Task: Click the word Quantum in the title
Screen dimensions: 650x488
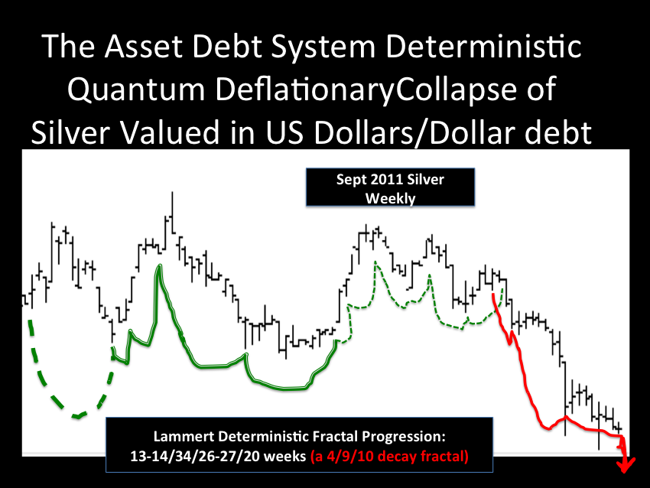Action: tap(136, 90)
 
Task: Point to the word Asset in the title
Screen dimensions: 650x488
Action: tap(144, 46)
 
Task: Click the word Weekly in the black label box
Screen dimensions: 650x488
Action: tap(390, 199)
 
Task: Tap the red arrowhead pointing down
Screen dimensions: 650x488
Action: tap(626, 466)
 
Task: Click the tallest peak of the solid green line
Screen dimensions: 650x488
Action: tap(159, 265)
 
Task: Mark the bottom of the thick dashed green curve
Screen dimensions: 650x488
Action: tap(77, 416)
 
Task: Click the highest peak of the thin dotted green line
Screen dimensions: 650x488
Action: tap(375, 262)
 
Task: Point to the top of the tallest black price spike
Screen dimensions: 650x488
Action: tap(172, 193)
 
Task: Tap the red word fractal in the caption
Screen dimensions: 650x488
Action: tap(444, 457)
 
